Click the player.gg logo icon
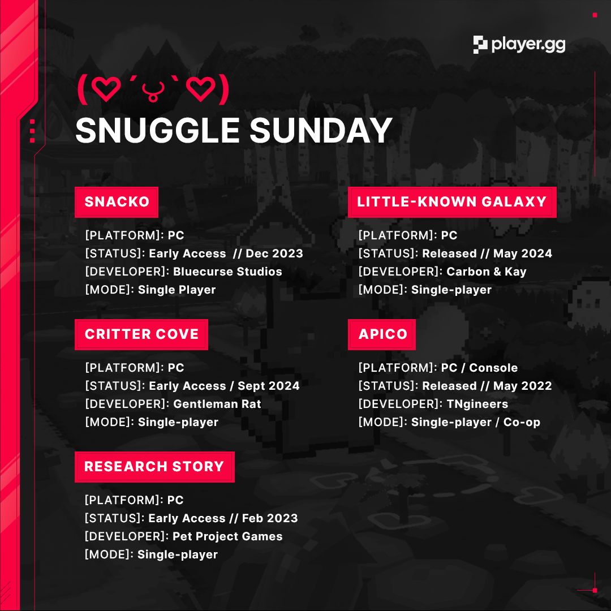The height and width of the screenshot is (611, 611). tap(480, 45)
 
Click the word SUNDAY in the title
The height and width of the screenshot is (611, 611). tap(321, 131)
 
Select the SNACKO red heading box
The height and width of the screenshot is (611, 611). tap(117, 202)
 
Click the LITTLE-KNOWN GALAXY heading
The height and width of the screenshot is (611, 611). tap(452, 202)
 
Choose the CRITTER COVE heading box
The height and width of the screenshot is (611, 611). tap(141, 334)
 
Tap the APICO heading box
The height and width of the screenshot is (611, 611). tap(382, 334)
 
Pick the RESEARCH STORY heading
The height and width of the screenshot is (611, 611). tap(154, 467)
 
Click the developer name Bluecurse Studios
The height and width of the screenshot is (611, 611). tap(227, 272)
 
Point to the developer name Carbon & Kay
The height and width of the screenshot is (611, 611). tap(487, 272)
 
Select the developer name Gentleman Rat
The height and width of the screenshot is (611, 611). tap(217, 404)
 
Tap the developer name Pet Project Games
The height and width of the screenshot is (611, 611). tap(227, 536)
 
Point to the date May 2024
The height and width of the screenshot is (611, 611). tap(523, 253)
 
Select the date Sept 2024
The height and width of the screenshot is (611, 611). tap(269, 386)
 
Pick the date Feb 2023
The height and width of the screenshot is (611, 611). tap(270, 518)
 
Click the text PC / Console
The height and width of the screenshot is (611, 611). tap(480, 368)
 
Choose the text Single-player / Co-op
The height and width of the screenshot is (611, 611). tap(476, 422)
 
